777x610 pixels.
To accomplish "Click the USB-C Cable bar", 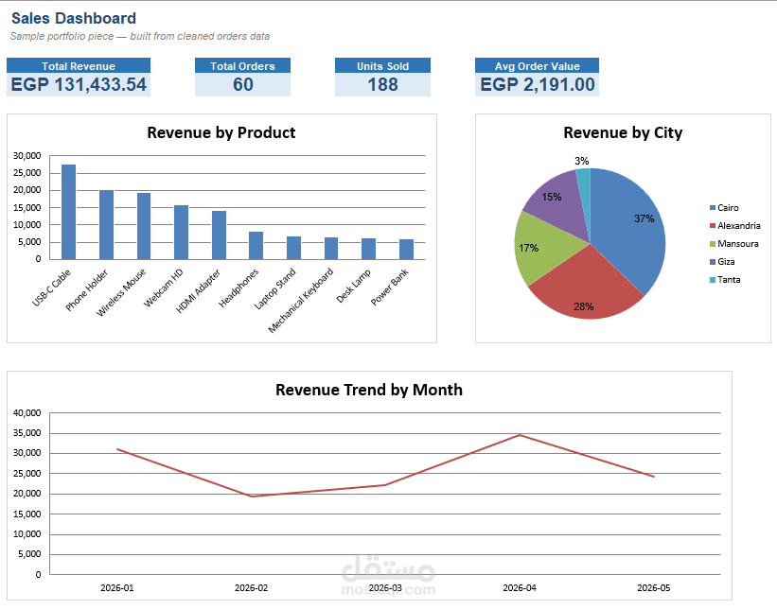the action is click(68, 212).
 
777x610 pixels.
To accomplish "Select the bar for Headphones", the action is click(256, 246).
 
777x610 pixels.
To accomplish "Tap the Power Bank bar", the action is click(406, 250).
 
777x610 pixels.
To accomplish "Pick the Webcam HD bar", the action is click(181, 233).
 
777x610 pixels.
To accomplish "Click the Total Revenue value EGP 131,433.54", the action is click(79, 85).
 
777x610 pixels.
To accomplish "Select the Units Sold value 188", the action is click(382, 85).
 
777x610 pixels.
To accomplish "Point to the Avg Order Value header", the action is click(538, 66).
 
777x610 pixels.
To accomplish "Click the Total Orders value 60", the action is click(243, 85).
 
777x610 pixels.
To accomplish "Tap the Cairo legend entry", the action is click(724, 208).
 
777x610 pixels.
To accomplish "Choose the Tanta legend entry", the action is click(725, 280).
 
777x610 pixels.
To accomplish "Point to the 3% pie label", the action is click(582, 161).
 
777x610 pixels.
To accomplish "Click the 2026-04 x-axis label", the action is click(520, 587).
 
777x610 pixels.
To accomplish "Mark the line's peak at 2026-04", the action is click(520, 435).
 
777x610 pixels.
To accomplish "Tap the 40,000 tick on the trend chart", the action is click(27, 413).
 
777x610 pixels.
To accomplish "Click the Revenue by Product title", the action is click(221, 132).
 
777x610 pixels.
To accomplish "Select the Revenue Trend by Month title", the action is click(369, 390).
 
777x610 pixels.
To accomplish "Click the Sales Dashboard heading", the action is click(74, 18).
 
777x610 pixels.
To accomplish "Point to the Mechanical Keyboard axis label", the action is click(301, 300).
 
